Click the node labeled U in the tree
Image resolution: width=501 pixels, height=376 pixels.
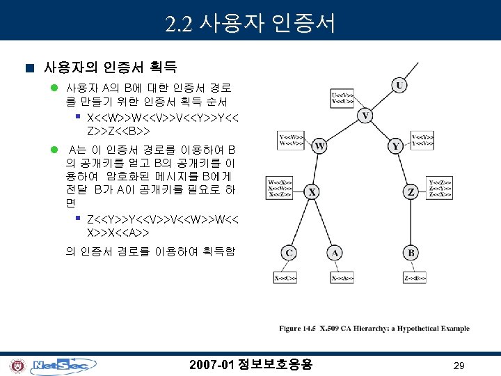[399, 86]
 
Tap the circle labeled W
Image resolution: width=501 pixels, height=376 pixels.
[319, 146]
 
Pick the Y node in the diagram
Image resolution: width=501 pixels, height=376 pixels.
[396, 147]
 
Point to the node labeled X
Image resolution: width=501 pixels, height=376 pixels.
[312, 191]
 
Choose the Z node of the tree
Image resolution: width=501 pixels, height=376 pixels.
[411, 191]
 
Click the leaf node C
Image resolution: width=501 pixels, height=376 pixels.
[289, 252]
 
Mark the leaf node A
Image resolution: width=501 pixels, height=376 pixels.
[335, 252]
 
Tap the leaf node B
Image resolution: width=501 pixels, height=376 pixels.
[411, 252]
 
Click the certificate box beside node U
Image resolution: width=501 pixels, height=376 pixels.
[360, 97]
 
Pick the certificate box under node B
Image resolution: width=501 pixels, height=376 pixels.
[411, 278]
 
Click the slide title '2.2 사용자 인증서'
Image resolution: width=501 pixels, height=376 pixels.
[251, 24]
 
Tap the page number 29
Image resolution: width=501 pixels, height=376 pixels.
[459, 366]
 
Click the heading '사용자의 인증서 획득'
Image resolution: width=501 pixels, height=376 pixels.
[110, 68]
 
